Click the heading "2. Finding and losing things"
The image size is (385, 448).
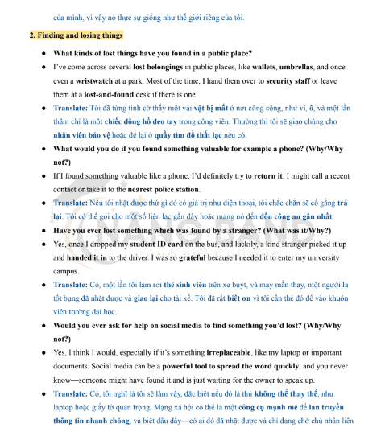point(76,35)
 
